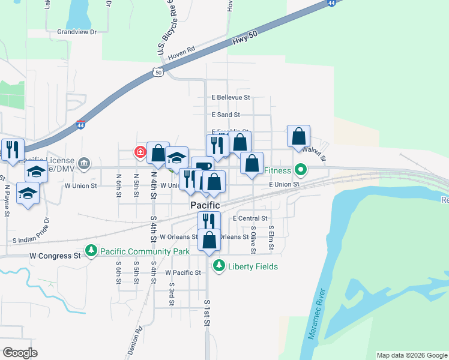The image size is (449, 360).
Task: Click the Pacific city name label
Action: coord(206,205)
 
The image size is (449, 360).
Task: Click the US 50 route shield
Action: coord(157,72)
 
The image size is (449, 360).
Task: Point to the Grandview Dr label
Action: coord(77,32)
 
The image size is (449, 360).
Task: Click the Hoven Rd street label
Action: coord(182,53)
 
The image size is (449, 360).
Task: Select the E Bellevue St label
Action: coord(231,97)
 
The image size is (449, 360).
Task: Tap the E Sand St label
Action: coord(226,114)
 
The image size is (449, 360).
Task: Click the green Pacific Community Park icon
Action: coord(91,250)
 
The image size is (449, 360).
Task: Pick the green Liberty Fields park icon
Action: coord(219,265)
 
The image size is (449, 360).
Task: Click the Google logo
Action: coord(20,352)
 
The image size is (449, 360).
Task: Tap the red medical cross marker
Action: coord(140,152)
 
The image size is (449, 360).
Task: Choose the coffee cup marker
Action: coord(202,167)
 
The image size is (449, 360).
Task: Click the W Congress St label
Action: coord(55,256)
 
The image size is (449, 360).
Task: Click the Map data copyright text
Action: coord(411,355)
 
